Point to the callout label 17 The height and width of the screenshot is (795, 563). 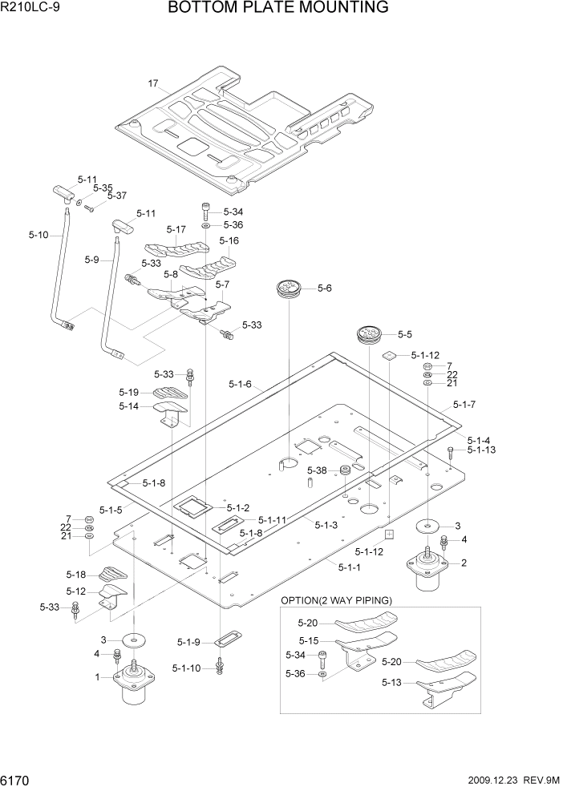[154, 83]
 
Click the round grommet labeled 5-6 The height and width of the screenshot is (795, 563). [287, 290]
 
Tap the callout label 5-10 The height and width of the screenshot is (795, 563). [38, 235]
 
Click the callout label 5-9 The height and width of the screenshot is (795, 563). [91, 260]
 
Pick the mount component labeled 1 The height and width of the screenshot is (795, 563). [133, 683]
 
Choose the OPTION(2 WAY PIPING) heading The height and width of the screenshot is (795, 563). [336, 600]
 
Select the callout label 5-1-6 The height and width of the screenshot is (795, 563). [240, 385]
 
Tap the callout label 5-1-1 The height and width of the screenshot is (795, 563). [350, 567]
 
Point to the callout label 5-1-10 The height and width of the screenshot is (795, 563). [186, 668]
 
